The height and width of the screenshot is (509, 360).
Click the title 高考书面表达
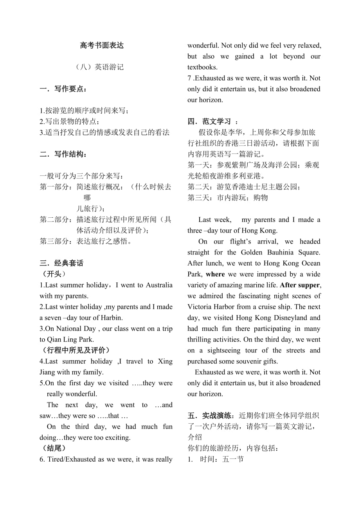(x=102, y=45)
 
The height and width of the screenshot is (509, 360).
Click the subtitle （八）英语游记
(x=99, y=67)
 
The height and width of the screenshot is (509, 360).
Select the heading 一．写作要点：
(x=63, y=89)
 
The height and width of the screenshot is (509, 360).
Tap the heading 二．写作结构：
(x=63, y=154)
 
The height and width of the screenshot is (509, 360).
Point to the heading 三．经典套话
(x=61, y=263)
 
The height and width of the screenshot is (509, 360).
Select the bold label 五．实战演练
(x=212, y=415)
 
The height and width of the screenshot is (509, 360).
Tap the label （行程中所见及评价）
(x=75, y=350)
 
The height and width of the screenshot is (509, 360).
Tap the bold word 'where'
(x=215, y=274)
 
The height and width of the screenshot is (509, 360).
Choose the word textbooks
(x=202, y=67)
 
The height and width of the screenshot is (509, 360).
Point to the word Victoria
(x=200, y=307)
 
